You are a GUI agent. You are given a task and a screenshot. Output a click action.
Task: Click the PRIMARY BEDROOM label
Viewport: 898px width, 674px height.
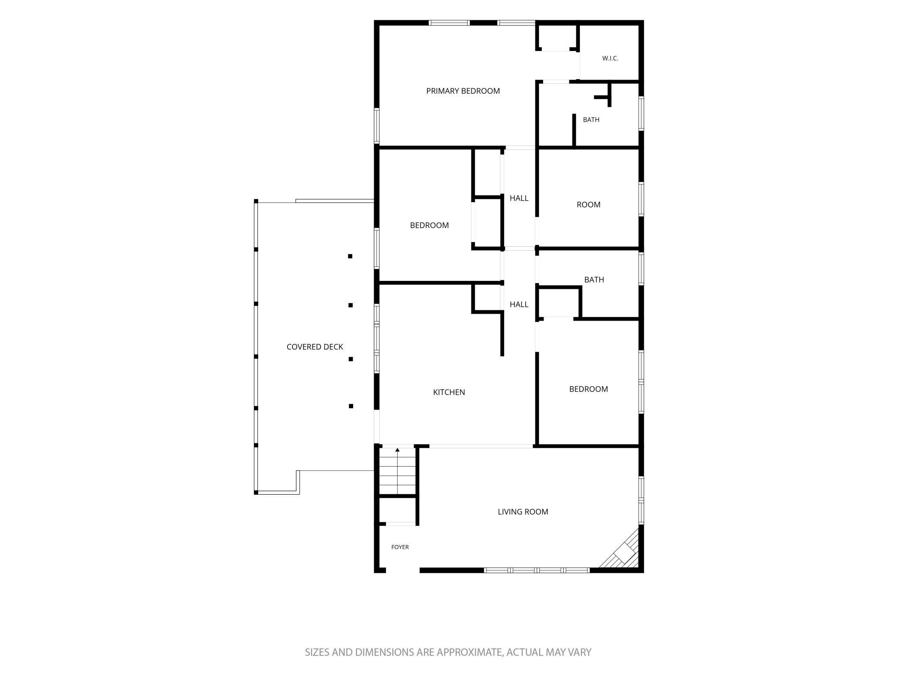[463, 91]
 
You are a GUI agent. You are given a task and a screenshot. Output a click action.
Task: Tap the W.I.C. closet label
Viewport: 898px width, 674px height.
[610, 58]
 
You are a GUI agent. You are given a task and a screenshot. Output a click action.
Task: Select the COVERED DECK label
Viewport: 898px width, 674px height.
[315, 347]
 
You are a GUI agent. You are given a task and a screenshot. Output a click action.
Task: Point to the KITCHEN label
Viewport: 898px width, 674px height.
[449, 392]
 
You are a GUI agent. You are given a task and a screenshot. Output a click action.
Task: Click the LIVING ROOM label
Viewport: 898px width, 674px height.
[523, 512]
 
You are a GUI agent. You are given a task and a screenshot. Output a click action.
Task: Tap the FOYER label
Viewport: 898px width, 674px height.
[400, 547]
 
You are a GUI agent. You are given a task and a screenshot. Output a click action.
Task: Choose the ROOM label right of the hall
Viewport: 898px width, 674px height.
[588, 205]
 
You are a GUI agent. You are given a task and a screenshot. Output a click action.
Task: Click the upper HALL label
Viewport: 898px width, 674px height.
[519, 198]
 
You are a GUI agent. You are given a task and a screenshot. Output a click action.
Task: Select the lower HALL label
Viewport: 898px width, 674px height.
[519, 305]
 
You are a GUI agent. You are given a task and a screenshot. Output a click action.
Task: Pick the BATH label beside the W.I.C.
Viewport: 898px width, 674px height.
[591, 120]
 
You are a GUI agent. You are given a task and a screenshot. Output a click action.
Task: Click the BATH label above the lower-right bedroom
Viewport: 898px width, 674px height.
[594, 280]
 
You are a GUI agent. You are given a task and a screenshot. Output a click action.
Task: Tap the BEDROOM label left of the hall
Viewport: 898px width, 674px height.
[429, 226]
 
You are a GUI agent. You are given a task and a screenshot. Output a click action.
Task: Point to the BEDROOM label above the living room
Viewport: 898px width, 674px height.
[588, 389]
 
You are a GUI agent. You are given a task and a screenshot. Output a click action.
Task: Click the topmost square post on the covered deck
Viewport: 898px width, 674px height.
[350, 256]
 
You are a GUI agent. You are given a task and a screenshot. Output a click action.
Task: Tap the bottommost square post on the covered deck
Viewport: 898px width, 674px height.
[351, 406]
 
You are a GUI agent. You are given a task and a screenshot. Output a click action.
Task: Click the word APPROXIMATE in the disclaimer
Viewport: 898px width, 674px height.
[469, 652]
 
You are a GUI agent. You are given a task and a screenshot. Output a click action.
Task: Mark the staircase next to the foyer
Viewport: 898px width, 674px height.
[397, 471]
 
